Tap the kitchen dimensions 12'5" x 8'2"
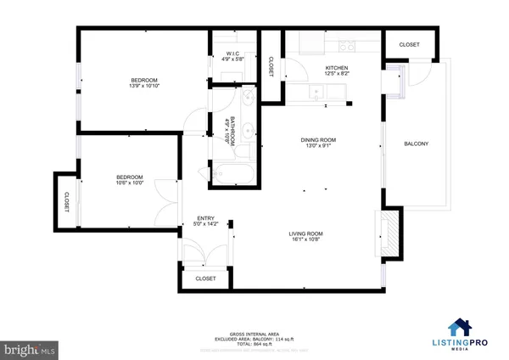(x=337, y=74)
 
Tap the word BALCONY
(x=416, y=143)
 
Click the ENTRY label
(x=206, y=217)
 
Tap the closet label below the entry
(x=205, y=278)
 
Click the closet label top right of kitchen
(x=409, y=43)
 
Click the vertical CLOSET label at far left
(x=65, y=201)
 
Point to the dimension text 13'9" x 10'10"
(x=146, y=86)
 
